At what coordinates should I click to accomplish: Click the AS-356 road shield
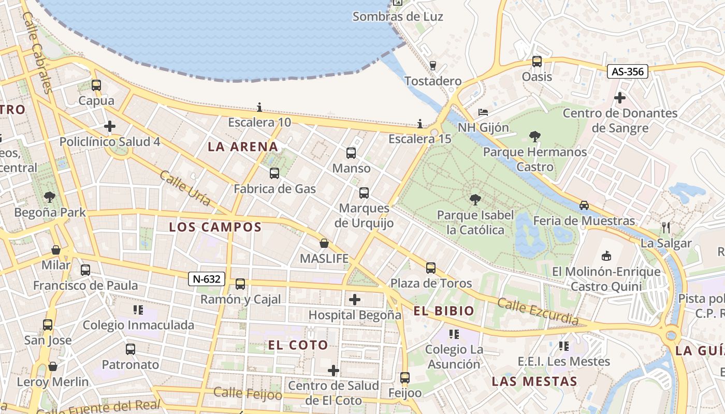click(628, 71)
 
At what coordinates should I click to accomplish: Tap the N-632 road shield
click(207, 279)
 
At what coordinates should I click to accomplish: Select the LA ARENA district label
click(243, 147)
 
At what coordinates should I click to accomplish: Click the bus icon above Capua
click(96, 85)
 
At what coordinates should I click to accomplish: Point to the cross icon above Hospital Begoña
click(355, 300)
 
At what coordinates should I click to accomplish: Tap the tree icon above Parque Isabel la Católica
click(474, 200)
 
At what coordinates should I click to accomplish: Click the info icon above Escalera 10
click(259, 108)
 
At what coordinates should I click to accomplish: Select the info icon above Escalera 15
click(420, 124)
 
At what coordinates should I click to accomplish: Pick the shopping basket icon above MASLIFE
click(324, 243)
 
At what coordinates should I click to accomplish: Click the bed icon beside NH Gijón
click(483, 112)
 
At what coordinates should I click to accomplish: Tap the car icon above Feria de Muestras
click(584, 205)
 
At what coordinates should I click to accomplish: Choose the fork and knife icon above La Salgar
click(666, 227)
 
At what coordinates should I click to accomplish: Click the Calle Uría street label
click(185, 188)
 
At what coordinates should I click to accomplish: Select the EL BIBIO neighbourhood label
click(444, 310)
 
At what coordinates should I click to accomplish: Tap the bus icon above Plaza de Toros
click(431, 268)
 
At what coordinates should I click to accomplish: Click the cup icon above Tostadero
click(433, 66)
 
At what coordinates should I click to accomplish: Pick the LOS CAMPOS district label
click(215, 227)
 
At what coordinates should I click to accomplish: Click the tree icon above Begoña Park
click(50, 197)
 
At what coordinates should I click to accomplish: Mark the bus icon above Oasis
click(537, 62)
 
